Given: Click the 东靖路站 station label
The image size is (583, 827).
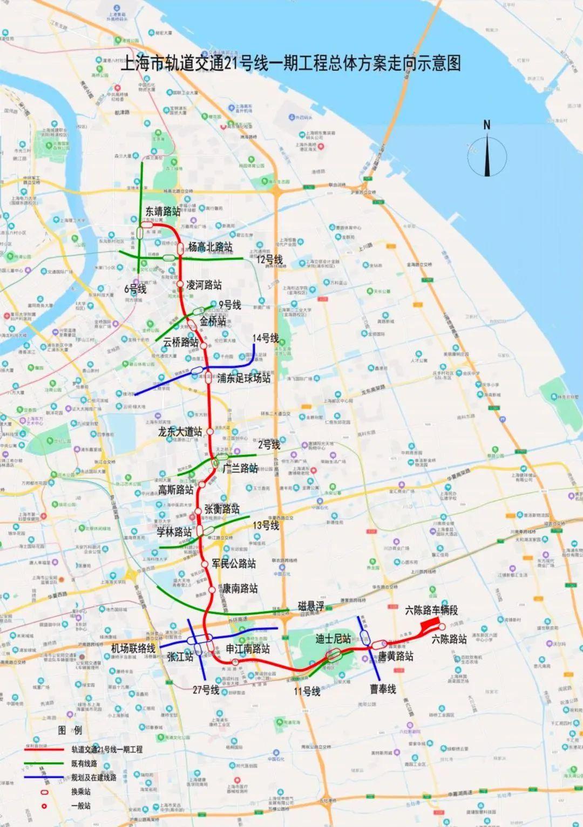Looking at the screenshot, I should pyautogui.click(x=163, y=211).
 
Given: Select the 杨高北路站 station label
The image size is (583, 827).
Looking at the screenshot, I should pyautogui.click(x=211, y=247).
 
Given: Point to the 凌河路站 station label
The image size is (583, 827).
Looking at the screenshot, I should pyautogui.click(x=204, y=285).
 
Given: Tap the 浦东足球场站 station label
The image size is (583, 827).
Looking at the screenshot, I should pyautogui.click(x=243, y=378).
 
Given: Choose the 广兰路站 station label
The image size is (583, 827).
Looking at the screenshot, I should pyautogui.click(x=240, y=468).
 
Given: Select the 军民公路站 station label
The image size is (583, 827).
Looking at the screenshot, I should pyautogui.click(x=233, y=564).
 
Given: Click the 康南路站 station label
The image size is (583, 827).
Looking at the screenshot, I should pyautogui.click(x=240, y=589).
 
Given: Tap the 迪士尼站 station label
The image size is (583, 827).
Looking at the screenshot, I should pyautogui.click(x=333, y=639).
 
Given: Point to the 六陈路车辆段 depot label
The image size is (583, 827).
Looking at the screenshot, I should pyautogui.click(x=431, y=610).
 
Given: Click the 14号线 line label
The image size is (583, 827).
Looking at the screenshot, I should pyautogui.click(x=266, y=339).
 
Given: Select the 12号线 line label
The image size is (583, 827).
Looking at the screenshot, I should pyautogui.click(x=269, y=260).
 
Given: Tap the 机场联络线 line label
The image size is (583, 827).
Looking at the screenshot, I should pyautogui.click(x=133, y=648).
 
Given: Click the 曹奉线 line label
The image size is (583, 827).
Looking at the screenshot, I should pyautogui.click(x=383, y=689).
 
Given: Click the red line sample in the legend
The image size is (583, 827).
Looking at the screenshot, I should pyautogui.click(x=45, y=749).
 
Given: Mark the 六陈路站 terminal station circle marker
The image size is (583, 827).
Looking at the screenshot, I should pyautogui.click(x=442, y=627).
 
